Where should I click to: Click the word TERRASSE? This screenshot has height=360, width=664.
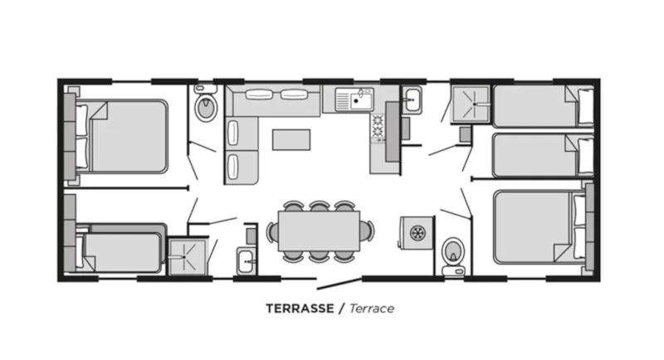coord(300,309)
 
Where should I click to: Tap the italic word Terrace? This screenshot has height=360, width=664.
coord(371,309)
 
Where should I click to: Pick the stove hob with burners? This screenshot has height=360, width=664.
coord(378,126)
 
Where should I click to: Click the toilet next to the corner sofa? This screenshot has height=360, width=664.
coord(205,106)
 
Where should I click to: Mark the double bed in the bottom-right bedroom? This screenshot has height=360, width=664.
coord(539,226)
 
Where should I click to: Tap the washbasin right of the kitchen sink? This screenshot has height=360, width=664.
coord(412,101)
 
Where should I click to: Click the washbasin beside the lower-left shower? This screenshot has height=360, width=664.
coord(247,261)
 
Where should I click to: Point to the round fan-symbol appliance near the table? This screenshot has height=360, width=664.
coord(417,231)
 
